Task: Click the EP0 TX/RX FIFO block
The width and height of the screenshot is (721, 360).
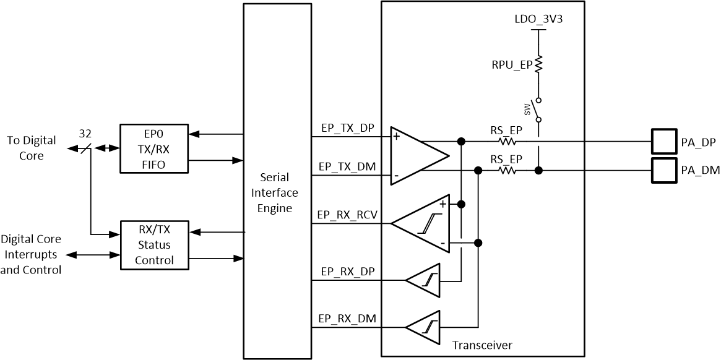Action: click(x=153, y=148)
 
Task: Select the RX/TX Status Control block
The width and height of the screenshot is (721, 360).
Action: click(x=153, y=244)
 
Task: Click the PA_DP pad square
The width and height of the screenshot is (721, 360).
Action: click(x=665, y=142)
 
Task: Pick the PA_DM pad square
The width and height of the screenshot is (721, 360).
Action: click(x=665, y=169)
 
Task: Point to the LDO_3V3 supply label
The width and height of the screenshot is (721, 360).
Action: click(x=538, y=19)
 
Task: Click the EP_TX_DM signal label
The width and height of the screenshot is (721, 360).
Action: click(x=346, y=166)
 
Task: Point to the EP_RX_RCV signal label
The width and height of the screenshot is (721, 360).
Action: click(x=348, y=215)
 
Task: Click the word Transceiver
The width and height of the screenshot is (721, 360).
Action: click(x=482, y=345)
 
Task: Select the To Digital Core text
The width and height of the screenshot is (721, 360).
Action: click(x=31, y=148)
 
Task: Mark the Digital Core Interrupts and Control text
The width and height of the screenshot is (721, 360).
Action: click(x=31, y=254)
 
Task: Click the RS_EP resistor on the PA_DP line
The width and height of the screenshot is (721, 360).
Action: click(x=506, y=142)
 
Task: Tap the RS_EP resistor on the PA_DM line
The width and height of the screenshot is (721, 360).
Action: click(x=506, y=169)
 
